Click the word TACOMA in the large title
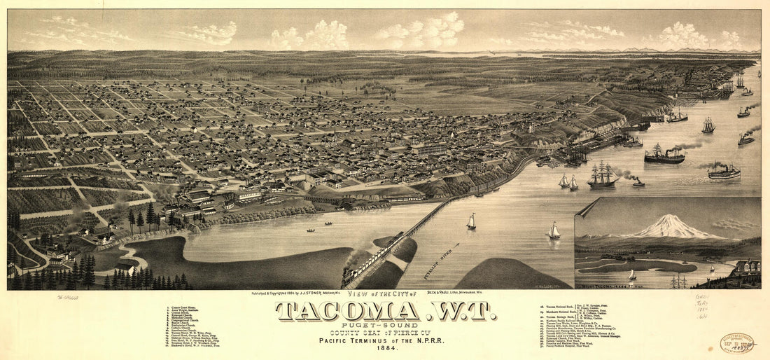pyautogui.click(x=348, y=312)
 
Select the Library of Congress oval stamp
pyautogui.click(x=737, y=343)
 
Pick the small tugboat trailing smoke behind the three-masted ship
pyautogui.click(x=638, y=182)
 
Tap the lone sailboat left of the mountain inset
pyautogui.click(x=554, y=230)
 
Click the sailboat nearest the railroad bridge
pyautogui.click(x=471, y=222)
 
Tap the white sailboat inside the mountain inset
pyautogui.click(x=632, y=275)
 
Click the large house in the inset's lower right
pyautogui.click(x=746, y=268)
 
